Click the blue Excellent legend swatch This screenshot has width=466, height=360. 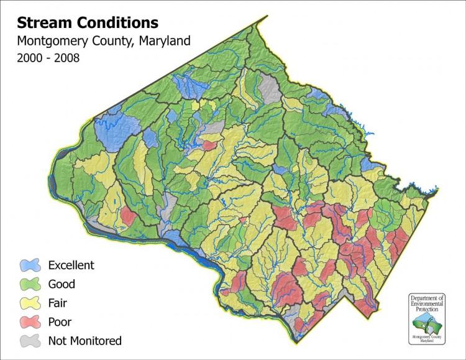point(30,265)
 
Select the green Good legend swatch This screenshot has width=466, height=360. point(30,284)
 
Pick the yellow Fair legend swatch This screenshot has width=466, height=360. point(30,303)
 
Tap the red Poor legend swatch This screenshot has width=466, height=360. point(30,322)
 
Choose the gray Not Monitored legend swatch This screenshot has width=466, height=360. point(30,341)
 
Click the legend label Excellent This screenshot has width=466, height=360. point(71,265)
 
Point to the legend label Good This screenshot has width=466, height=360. point(62,284)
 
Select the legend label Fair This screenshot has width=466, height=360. point(58,303)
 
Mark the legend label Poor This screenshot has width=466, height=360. point(60,322)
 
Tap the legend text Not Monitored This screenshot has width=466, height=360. point(85,341)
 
